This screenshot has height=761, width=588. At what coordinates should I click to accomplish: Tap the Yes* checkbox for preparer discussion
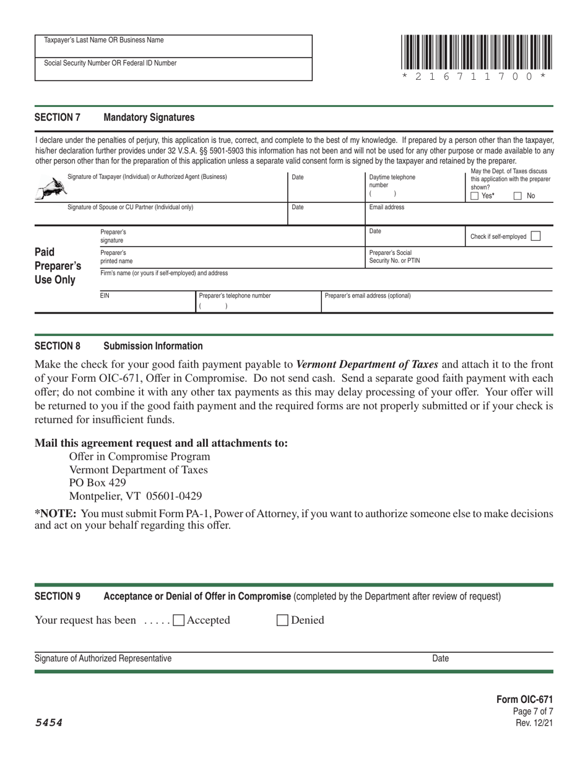pos(475,196)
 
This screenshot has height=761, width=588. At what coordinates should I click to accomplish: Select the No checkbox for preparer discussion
pos(518,196)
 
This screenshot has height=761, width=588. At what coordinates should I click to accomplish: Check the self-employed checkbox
pos(536,236)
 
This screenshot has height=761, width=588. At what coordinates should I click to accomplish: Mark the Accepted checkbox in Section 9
pos(179,620)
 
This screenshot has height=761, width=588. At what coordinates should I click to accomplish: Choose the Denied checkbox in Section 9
pos(282,620)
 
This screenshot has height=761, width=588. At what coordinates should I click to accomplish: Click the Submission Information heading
pos(153,346)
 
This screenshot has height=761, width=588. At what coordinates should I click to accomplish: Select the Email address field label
pos(386,207)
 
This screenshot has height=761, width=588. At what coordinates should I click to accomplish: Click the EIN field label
pos(105,296)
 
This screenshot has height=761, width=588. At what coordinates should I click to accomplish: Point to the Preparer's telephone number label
pos(235,296)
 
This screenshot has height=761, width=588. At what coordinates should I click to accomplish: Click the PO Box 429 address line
pos(97,483)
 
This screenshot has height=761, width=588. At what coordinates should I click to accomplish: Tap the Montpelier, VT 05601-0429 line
pos(135,496)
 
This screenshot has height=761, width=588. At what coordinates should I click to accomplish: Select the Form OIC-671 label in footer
pos(524,699)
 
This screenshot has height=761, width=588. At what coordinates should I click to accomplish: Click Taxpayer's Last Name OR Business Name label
pos(104,40)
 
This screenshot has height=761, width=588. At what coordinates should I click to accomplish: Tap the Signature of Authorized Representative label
pos(103,658)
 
